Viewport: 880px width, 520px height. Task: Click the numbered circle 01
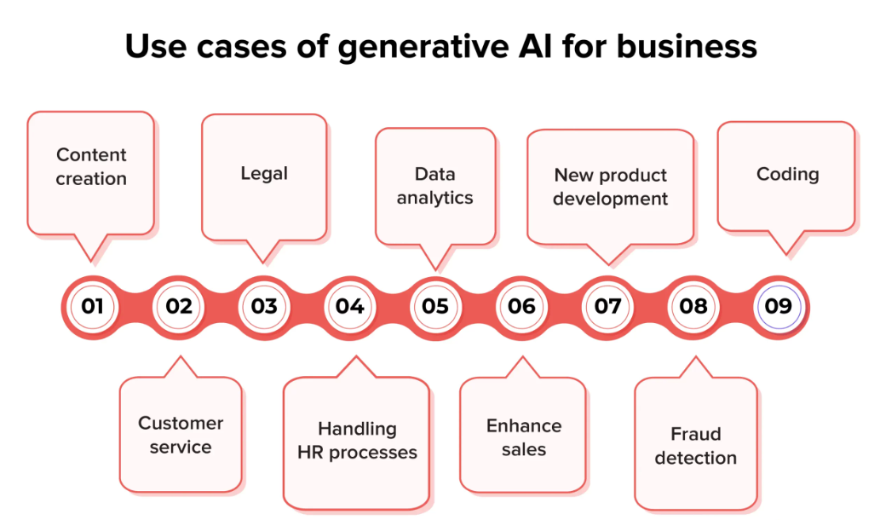[x=93, y=306]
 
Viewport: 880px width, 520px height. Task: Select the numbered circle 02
[x=179, y=306]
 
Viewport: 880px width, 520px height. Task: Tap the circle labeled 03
[x=264, y=306]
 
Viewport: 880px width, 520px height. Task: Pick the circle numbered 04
[x=350, y=306]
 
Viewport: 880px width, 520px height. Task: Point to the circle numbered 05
[x=435, y=306]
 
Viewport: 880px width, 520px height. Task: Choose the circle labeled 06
[x=521, y=306]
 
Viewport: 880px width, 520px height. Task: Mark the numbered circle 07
[x=607, y=306]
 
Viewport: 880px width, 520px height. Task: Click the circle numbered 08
[x=693, y=306]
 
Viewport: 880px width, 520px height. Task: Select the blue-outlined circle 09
[x=779, y=306]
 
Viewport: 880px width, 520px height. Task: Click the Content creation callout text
[x=91, y=167]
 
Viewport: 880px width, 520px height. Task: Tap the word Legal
[x=264, y=173]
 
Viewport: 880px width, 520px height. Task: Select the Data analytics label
[x=434, y=186]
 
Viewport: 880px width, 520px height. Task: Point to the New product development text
[x=610, y=188]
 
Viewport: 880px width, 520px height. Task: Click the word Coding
[x=787, y=174]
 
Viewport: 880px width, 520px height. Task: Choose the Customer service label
[x=181, y=435]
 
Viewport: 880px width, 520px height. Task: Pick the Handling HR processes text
[x=357, y=440]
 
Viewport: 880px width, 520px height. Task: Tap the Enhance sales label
[x=523, y=437]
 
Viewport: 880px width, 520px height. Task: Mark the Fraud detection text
[x=695, y=446]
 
